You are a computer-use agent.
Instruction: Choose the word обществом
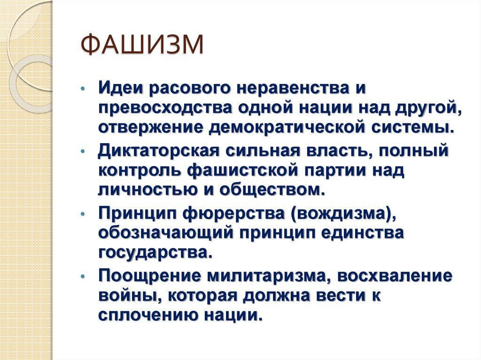pos(272,190)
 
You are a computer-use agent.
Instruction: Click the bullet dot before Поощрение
pos(82,277)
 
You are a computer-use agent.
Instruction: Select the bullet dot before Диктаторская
pos(82,152)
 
